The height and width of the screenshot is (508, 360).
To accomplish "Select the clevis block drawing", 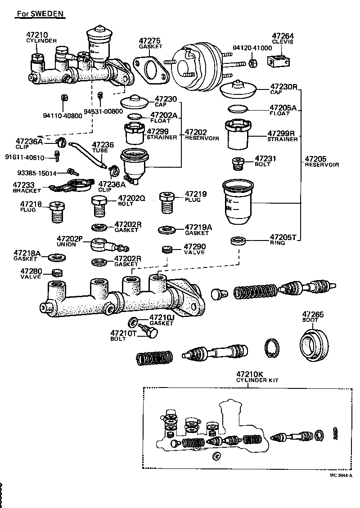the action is coord(279,61).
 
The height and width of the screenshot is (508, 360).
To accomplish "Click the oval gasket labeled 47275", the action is coord(152,69).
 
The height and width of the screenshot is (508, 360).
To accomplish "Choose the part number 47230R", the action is coord(284,86).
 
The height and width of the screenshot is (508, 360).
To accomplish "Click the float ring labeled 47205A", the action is coord(238,109).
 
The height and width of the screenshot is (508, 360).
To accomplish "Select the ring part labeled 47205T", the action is coord(238,241).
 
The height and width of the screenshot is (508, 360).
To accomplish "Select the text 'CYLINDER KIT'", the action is coord(257,380).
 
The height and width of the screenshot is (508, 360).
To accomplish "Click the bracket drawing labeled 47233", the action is coord(72,186).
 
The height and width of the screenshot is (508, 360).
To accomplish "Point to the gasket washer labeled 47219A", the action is coord(166,230).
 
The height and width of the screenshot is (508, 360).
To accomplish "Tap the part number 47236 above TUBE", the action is coord(103,145).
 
